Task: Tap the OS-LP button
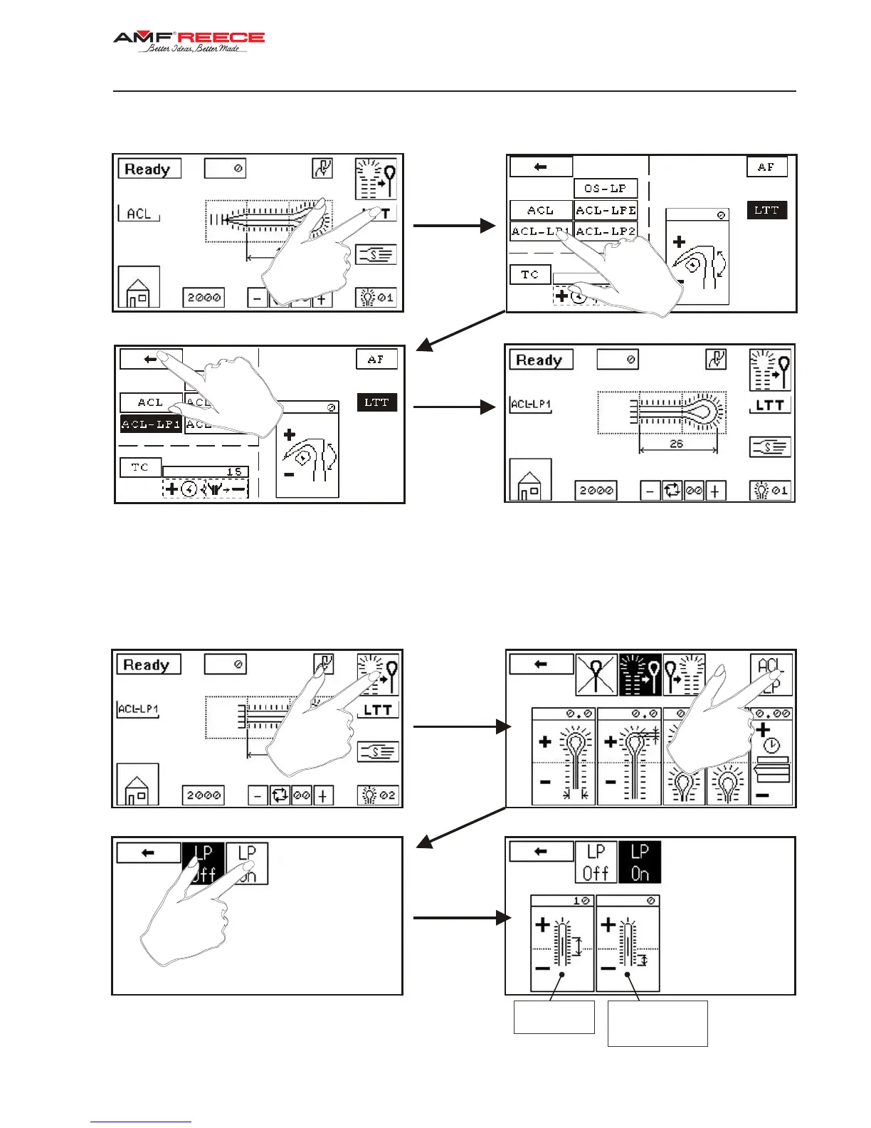point(605,189)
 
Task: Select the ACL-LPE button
point(606,210)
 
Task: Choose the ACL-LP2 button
point(606,231)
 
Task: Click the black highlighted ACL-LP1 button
point(151,424)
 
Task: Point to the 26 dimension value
point(676,444)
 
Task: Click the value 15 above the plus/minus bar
point(233,471)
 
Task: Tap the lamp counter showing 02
point(378,795)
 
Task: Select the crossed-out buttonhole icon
point(596,674)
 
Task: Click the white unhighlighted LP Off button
point(596,862)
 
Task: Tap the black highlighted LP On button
point(640,862)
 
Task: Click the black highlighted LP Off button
point(204,863)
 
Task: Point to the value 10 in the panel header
point(581,901)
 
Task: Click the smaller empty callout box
point(554,1017)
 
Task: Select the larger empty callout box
point(658,1023)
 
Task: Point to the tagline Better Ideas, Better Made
point(194,49)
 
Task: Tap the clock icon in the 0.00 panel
point(772,746)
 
